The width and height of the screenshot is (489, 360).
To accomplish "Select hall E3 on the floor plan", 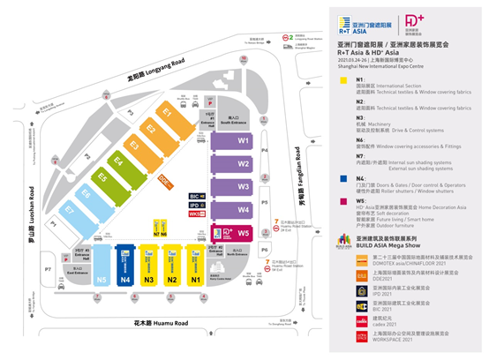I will [x=135, y=144].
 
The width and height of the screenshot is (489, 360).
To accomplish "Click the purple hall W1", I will [x=244, y=141].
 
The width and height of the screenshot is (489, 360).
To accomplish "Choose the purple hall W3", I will [x=244, y=187].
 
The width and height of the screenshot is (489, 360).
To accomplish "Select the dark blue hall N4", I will [x=125, y=280].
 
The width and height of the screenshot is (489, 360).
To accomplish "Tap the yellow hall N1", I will [x=197, y=280].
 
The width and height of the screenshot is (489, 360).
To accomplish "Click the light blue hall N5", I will [x=102, y=280].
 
